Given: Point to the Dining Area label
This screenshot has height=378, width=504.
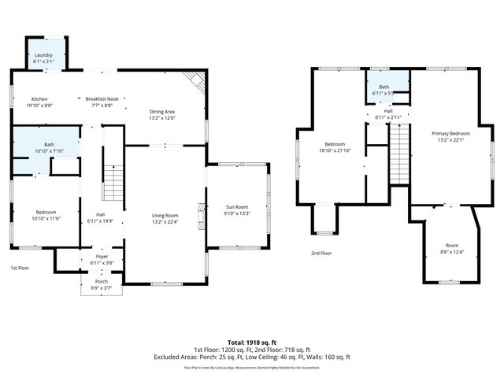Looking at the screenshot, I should pyautogui.click(x=161, y=113).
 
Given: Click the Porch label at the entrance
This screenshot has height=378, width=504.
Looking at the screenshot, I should pyautogui.click(x=101, y=280).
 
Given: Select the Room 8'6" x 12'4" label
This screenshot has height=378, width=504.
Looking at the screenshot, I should pyautogui.click(x=450, y=248).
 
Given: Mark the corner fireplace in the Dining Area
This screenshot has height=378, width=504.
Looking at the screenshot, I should pyautogui.click(x=194, y=81).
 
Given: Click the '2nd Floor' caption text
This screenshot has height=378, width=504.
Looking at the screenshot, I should pyautogui.click(x=321, y=253).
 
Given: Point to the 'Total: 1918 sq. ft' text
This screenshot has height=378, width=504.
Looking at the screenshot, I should pyautogui.click(x=251, y=343).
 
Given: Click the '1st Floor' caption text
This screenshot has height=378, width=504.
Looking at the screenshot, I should pyautogui.click(x=20, y=269).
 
